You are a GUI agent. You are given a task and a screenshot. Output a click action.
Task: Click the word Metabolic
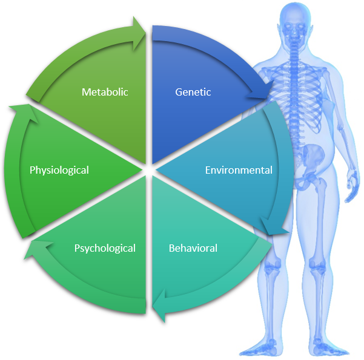105,92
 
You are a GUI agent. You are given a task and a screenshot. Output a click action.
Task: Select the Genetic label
193,92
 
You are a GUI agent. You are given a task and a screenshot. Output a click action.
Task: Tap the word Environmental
239,170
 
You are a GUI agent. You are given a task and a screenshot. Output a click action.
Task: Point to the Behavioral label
193,248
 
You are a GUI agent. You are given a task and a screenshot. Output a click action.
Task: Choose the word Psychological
105,248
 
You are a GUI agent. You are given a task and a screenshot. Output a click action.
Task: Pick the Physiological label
59,170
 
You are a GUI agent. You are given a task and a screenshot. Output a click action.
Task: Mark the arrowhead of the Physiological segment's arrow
16,111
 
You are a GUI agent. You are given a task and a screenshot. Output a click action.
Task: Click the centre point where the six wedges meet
146,170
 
